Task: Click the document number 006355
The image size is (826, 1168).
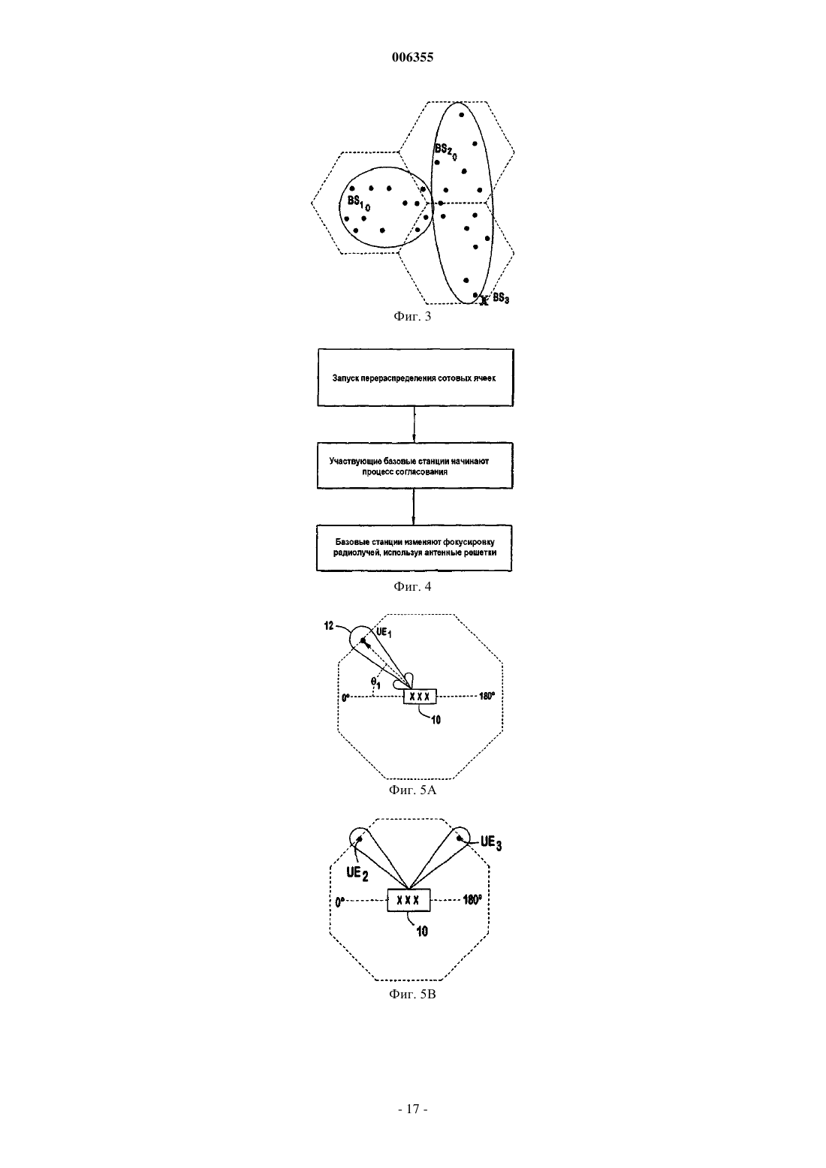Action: (412, 57)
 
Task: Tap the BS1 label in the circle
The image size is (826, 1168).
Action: (358, 203)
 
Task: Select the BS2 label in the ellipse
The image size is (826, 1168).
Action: (445, 151)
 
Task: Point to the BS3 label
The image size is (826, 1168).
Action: (501, 299)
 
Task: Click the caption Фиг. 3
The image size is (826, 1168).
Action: (412, 316)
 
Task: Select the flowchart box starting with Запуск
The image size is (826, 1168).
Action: (415, 378)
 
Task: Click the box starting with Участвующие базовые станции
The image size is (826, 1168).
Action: (415, 465)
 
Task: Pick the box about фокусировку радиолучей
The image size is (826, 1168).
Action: (414, 548)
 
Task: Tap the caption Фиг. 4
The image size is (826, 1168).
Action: (412, 586)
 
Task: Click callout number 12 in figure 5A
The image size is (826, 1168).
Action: (329, 626)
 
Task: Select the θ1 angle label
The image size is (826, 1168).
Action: (375, 682)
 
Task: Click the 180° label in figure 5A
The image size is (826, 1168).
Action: (487, 696)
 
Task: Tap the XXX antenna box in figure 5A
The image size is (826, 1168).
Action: (420, 696)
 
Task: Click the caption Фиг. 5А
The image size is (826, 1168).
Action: (412, 790)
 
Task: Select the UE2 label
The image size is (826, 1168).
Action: (357, 874)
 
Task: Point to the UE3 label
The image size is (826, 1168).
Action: (491, 843)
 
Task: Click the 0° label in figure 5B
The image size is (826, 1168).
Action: (339, 902)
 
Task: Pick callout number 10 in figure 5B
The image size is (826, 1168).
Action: (422, 931)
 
